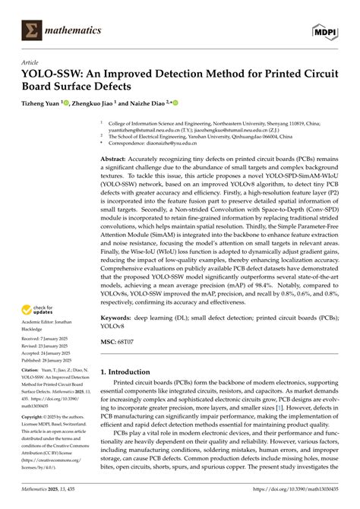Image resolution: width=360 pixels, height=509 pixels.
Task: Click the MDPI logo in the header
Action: click(x=325, y=30)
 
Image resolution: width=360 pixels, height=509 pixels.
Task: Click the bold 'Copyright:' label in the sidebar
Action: click(x=34, y=439)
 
